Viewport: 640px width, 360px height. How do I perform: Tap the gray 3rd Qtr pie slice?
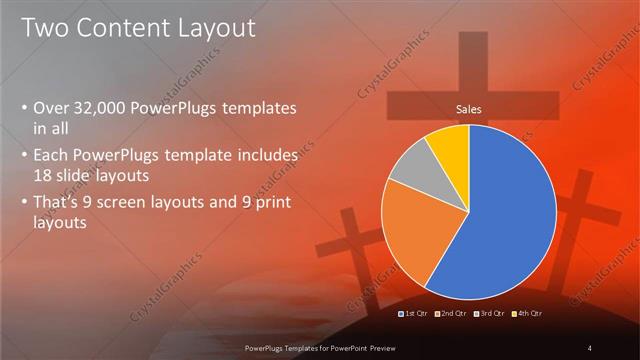pyautogui.click(x=409, y=171)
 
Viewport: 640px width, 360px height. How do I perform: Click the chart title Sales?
pyautogui.click(x=470, y=108)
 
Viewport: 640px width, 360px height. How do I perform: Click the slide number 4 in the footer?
pyautogui.click(x=589, y=348)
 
